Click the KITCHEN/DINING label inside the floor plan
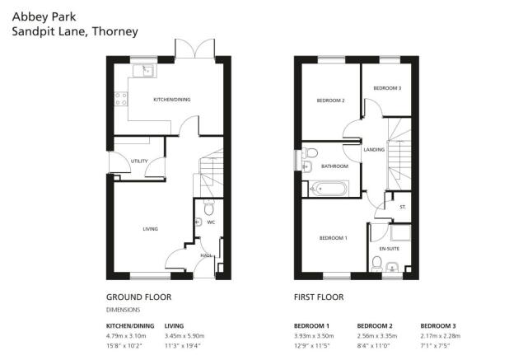pos(171,100)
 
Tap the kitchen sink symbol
pos(145,71)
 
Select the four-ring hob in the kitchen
pos(121,99)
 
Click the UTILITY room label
pos(139,161)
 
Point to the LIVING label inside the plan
pos(150,229)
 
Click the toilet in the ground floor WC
pos(208,208)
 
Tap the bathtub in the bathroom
pos(329,189)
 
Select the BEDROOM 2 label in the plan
pos(330,101)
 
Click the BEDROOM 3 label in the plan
pos(387,88)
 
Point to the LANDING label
pos(374,150)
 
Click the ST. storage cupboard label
pos(403,207)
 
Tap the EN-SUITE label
pos(390,249)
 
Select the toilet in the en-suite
pos(377,264)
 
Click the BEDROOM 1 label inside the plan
pos(333,238)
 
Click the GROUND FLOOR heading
pos(139,297)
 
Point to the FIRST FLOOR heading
pos(319,297)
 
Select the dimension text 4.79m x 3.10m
pos(126,335)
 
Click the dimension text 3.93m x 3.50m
pos(314,335)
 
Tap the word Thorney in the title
pos(115,32)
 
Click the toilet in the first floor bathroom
pos(311,152)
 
